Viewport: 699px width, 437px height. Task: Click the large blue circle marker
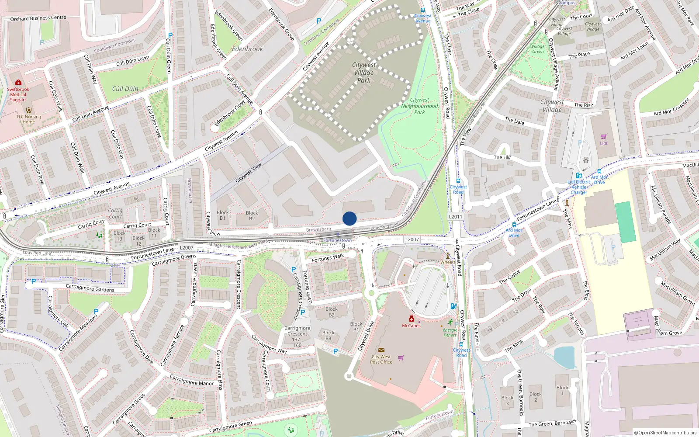[x=349, y=218]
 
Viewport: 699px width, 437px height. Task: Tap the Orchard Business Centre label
[x=38, y=18]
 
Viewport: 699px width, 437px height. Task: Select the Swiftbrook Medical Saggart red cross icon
[x=18, y=82]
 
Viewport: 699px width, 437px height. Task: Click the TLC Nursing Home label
[x=29, y=119]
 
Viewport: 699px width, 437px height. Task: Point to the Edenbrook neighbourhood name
[x=247, y=49]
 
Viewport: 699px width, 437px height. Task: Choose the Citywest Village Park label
[x=363, y=72]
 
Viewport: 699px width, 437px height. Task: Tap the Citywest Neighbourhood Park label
[x=419, y=106]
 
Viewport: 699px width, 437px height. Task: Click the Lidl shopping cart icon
[x=603, y=137]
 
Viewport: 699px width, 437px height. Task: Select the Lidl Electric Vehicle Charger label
[x=579, y=187]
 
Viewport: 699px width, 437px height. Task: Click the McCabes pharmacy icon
[x=411, y=319]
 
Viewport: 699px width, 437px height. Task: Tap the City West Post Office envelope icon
[x=381, y=350]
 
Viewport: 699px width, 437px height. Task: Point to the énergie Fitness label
[x=450, y=333]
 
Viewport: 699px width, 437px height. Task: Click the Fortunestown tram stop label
[x=337, y=240]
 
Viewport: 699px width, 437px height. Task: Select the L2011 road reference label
[x=455, y=216]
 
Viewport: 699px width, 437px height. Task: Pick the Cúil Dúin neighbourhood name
[x=125, y=89]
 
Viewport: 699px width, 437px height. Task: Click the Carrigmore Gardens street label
[x=90, y=288]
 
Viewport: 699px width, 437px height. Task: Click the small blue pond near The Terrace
[x=565, y=357]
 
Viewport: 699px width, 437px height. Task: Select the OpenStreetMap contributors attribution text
[x=665, y=433]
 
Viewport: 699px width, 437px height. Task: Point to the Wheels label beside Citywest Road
[x=447, y=262]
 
